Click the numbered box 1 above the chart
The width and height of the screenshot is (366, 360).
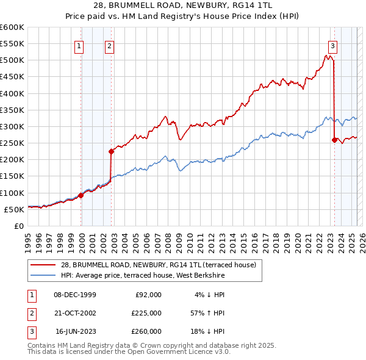pos(79,45)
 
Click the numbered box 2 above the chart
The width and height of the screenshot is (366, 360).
pos(109,45)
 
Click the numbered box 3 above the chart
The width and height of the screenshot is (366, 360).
pos(332,45)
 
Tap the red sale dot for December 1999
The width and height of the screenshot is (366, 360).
pos(81,195)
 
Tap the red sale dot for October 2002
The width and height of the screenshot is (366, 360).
pos(111,151)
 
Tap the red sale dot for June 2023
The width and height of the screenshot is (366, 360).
pos(334,140)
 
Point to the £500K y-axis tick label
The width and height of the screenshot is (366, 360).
pos(12,60)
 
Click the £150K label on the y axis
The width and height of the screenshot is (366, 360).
pos(12,176)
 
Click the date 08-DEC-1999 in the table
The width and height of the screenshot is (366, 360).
pos(75,295)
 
